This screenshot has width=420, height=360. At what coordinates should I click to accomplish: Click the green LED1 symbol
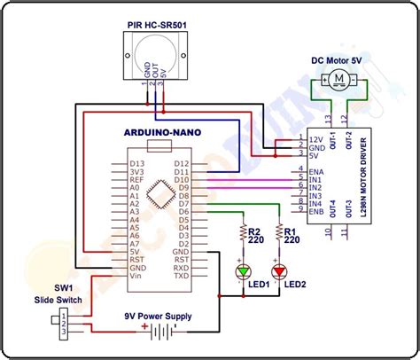pyautogui.click(x=242, y=270)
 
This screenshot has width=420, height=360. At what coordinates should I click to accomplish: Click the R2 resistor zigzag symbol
pyautogui.click(x=242, y=234)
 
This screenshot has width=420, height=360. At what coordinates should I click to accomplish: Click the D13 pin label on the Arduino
pyautogui.click(x=136, y=163)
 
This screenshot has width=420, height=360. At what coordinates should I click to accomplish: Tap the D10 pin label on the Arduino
pyautogui.click(x=181, y=180)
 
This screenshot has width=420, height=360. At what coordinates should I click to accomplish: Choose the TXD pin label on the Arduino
pyautogui.click(x=181, y=275)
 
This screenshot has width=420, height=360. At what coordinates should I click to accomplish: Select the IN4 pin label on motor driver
pyautogui.click(x=315, y=204)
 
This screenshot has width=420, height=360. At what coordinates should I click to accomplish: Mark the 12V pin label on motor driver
pyautogui.click(x=315, y=138)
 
